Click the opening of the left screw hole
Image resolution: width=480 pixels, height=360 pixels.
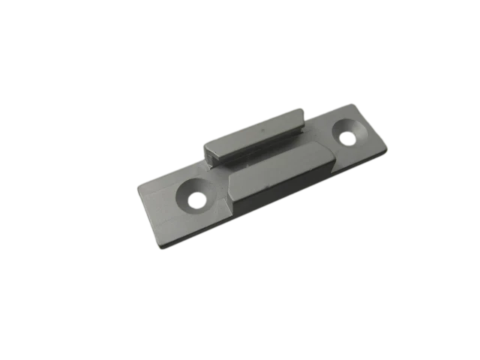coord(197,201)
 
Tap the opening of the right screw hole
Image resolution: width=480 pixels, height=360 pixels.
coord(348,138)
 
